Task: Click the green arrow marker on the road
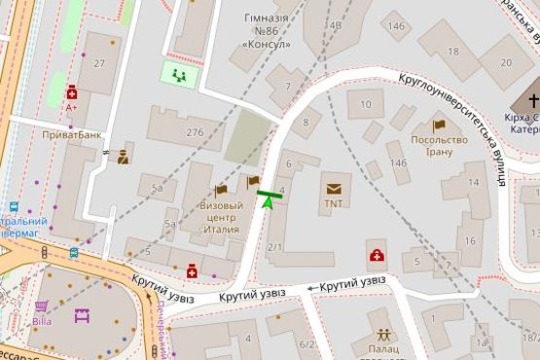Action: tap(268, 204)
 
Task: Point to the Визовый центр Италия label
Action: tap(221, 212)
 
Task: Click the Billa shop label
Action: tap(41, 320)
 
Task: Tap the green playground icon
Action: tap(178, 74)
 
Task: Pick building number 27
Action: tap(99, 63)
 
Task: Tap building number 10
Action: tap(365, 102)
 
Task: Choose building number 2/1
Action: tap(274, 248)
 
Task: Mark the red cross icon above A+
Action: tap(72, 93)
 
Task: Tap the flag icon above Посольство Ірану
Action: tap(439, 125)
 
